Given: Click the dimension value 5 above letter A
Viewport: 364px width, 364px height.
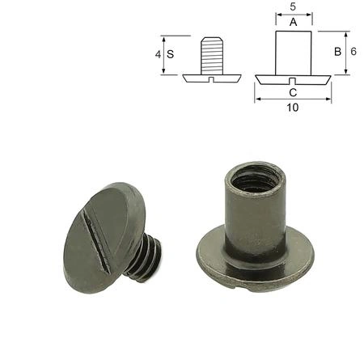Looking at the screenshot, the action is (293, 6).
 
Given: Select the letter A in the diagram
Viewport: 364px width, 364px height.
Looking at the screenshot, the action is (294, 22).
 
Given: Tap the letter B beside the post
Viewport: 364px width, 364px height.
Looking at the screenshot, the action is (337, 52).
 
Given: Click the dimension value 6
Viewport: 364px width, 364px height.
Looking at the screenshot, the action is (353, 51).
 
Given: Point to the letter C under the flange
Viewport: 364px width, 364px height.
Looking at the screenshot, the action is (293, 92).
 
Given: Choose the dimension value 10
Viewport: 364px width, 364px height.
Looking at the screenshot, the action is (293, 108).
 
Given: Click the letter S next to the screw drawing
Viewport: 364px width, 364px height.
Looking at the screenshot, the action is (170, 54).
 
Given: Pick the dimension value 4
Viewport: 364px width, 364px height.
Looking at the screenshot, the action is (158, 54).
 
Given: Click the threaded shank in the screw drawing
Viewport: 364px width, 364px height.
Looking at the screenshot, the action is (212, 56).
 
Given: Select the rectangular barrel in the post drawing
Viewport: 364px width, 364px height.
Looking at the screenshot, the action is (294, 53).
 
